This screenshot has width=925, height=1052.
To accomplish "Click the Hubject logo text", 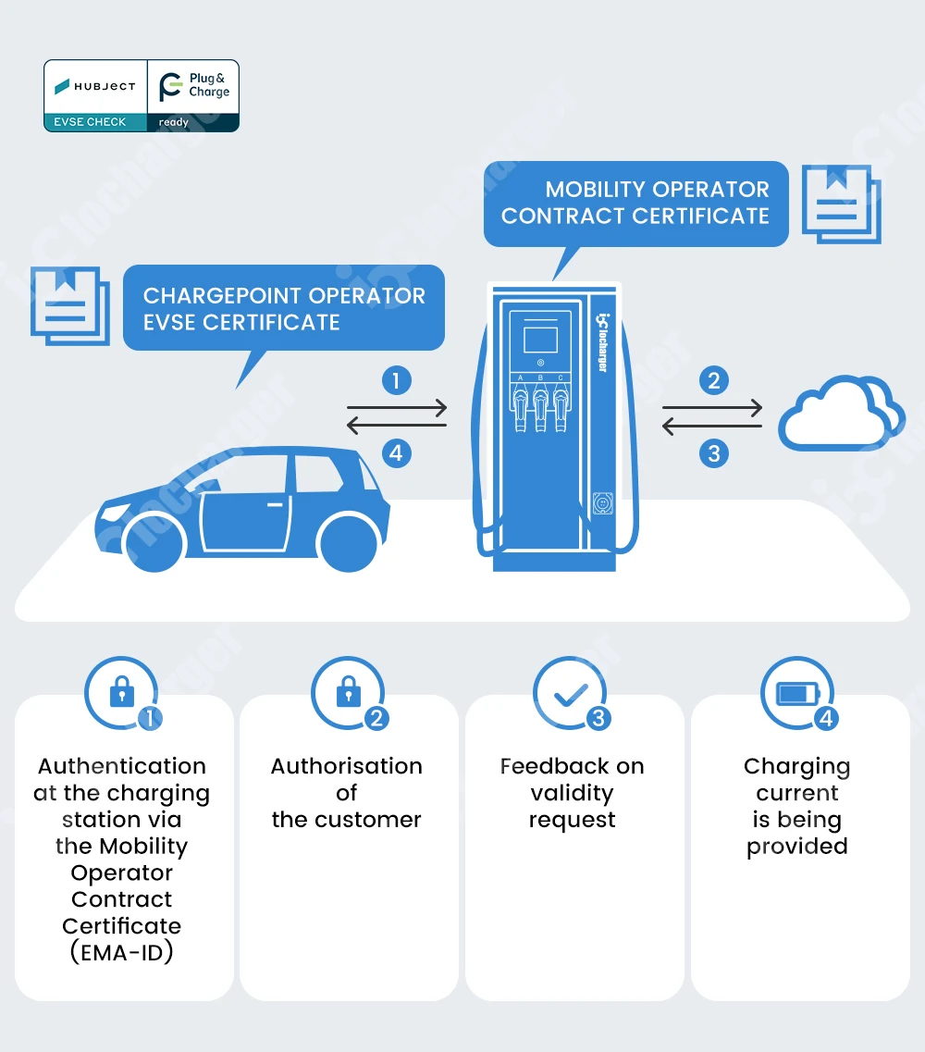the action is pyautogui.click(x=105, y=86).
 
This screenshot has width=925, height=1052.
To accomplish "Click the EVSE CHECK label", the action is pyautogui.click(x=90, y=122).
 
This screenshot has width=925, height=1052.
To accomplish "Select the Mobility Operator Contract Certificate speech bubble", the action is pyautogui.click(x=635, y=204).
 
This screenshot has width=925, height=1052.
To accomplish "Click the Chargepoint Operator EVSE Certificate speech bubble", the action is pyautogui.click(x=284, y=309).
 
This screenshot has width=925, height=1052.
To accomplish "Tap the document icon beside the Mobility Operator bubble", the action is pyautogui.click(x=841, y=204).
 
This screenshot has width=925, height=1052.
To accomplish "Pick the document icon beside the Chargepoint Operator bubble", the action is pyautogui.click(x=69, y=306).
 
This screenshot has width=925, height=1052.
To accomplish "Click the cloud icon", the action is pyautogui.click(x=841, y=414).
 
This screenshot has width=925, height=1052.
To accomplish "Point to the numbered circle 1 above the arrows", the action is pyautogui.click(x=397, y=380).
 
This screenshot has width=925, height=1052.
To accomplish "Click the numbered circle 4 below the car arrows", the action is pyautogui.click(x=397, y=453).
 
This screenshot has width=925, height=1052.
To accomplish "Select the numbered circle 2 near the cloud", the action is pyautogui.click(x=714, y=380).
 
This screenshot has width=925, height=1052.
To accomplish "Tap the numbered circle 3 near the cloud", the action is pyautogui.click(x=714, y=454).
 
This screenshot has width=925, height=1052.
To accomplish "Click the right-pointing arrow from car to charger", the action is pyautogui.click(x=397, y=407).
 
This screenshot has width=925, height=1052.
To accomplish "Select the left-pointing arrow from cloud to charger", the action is pyautogui.click(x=711, y=426).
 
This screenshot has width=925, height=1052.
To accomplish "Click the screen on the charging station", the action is pyautogui.click(x=540, y=340).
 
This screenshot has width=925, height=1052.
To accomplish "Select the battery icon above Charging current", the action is pyautogui.click(x=797, y=693).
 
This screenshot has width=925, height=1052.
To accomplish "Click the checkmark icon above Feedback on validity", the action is pyautogui.click(x=571, y=695).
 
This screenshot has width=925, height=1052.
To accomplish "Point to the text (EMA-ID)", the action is pyautogui.click(x=121, y=952).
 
